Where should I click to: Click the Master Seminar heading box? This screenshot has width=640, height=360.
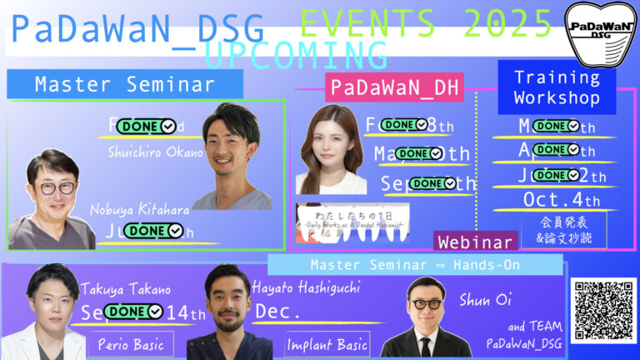(125, 84)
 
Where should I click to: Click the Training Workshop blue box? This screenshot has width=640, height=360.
(557, 87)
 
